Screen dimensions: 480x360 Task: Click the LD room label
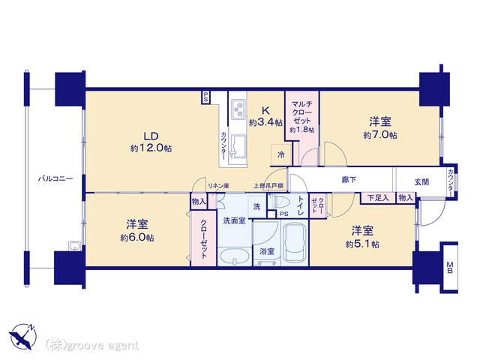[x=151, y=136]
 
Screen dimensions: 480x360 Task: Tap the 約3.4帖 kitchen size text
[x=265, y=123]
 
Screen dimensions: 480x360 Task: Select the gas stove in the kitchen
[x=238, y=109]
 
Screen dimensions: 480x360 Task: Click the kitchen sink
[x=238, y=146]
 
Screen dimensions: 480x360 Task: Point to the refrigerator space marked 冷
[x=280, y=154]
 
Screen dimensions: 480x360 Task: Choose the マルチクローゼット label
[x=301, y=112]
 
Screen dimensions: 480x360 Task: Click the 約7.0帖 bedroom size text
[x=380, y=135]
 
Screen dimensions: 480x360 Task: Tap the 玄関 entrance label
[x=421, y=182]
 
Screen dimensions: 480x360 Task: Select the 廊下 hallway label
[x=349, y=180]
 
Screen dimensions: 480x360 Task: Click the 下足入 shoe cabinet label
[x=378, y=198]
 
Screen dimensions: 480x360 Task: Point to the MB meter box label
[x=450, y=267]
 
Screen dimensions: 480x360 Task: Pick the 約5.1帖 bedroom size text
[x=362, y=244]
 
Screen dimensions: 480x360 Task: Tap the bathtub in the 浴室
[x=295, y=243]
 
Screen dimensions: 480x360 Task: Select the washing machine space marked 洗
[x=257, y=206]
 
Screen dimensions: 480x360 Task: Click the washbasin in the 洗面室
[x=235, y=256]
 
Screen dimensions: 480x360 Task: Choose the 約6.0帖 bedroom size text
[x=137, y=238]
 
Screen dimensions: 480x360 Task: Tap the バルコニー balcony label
[x=55, y=178]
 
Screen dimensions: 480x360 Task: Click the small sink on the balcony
[x=75, y=246]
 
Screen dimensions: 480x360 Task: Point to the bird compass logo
[x=23, y=336]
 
